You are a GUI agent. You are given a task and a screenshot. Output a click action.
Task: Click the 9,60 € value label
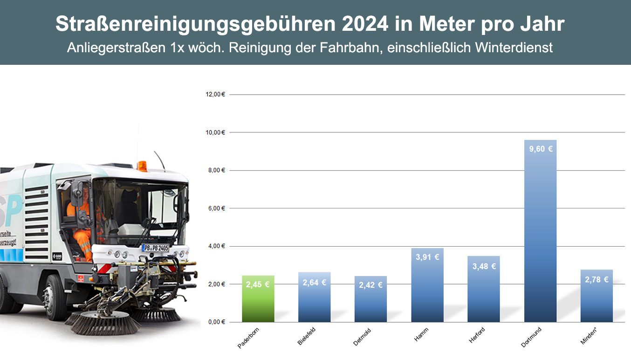[541, 149]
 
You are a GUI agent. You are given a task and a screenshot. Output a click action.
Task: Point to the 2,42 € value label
[370, 285]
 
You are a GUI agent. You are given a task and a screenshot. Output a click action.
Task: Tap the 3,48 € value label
[484, 266]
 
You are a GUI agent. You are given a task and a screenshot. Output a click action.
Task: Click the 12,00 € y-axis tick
[215, 94]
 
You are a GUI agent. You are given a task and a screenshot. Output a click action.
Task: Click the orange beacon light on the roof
[142, 166]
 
